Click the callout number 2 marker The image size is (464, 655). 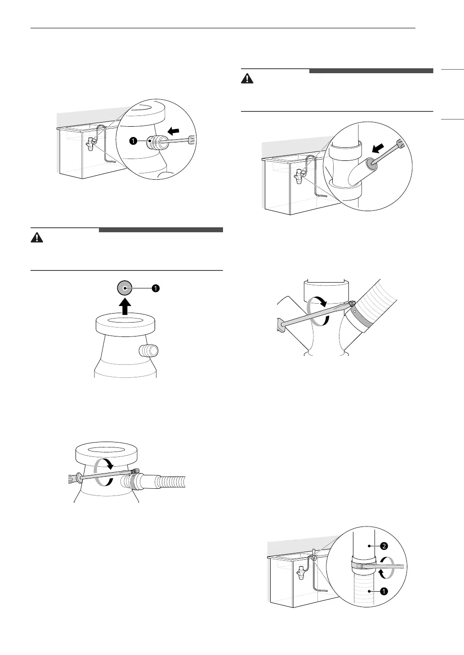384,546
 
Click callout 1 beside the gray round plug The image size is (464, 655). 156,288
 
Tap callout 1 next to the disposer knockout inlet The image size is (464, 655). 133,141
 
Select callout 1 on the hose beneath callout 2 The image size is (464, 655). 384,591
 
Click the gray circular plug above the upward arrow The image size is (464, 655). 125,288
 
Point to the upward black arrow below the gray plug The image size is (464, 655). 125,306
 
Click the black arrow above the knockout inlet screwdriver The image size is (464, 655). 174,132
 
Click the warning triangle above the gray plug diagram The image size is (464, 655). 37,238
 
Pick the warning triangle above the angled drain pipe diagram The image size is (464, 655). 247,78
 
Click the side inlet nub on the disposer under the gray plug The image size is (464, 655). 149,350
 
